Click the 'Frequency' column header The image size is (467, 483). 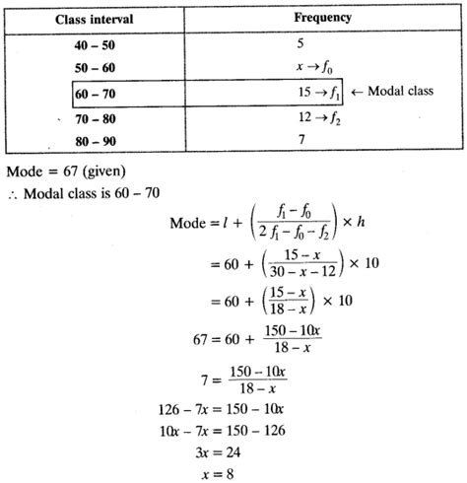click(x=322, y=19)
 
